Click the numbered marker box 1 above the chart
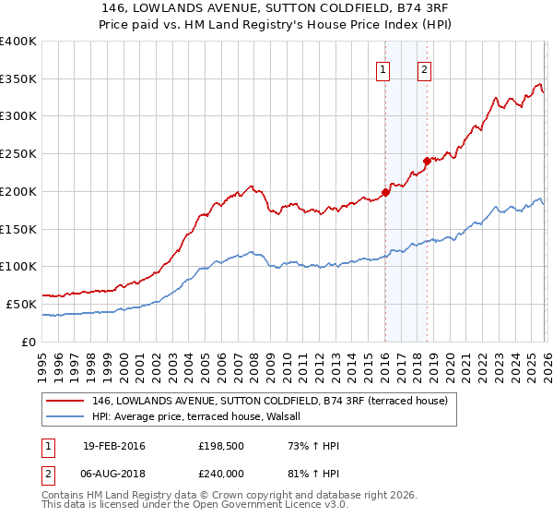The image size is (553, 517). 383,68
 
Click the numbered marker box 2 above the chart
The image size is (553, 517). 424,68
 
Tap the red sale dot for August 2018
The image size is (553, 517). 426,161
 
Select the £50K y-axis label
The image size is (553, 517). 22,304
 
